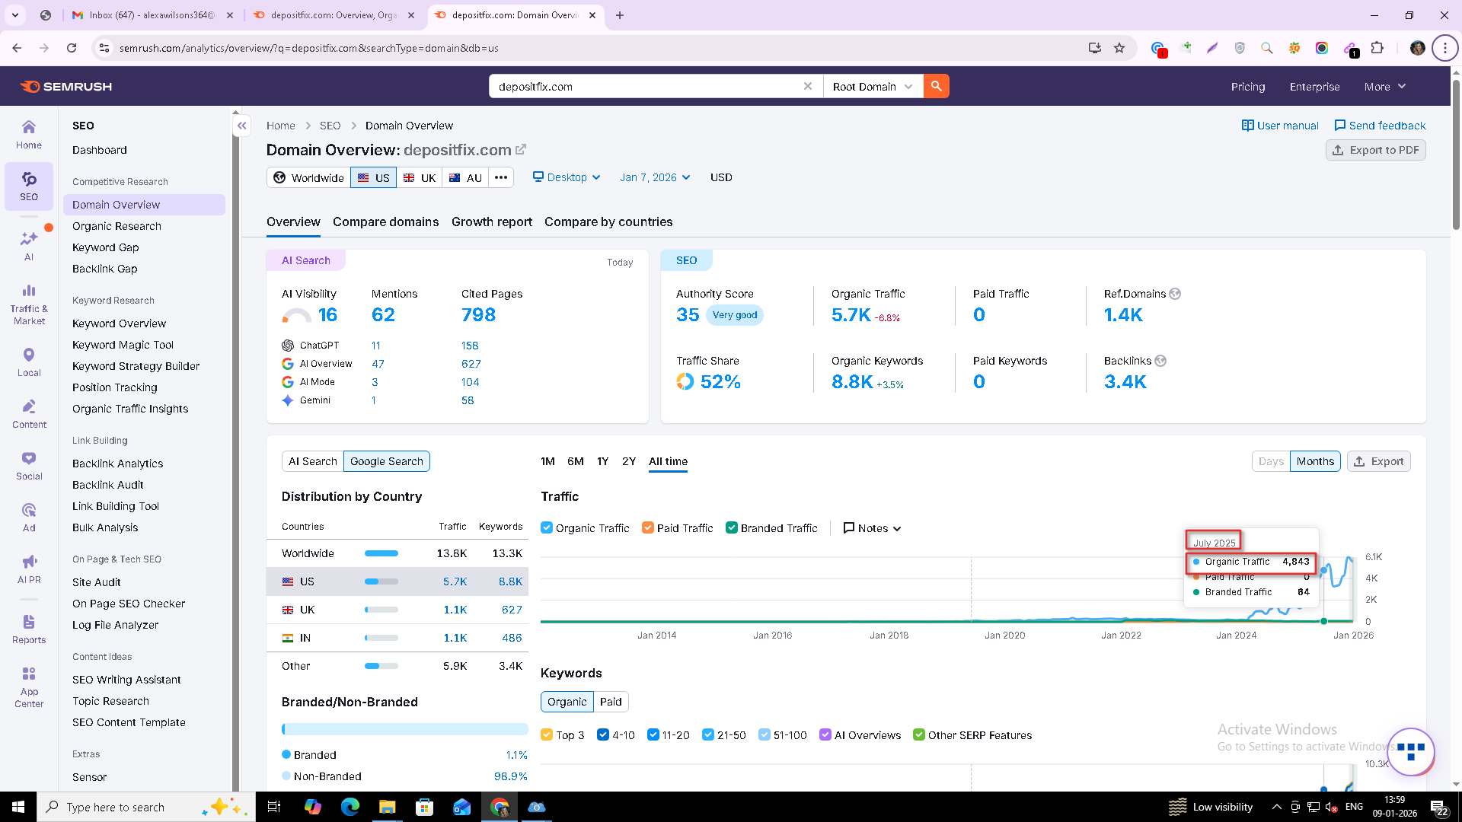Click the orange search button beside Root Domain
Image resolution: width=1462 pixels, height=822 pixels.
pos(936,86)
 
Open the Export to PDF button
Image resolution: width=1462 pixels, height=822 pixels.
pos(1375,150)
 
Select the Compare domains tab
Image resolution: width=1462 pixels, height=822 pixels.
pos(385,221)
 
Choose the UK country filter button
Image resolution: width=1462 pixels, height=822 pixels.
pos(420,177)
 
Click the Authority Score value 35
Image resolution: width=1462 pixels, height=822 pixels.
pos(688,315)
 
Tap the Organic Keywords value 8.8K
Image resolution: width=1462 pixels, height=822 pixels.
pos(852,382)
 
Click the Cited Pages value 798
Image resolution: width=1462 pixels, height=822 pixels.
pos(478,315)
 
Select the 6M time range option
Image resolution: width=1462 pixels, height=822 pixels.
pos(576,461)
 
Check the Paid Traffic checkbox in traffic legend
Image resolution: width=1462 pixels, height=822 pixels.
pos(648,528)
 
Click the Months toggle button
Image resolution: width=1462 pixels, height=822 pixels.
pos(1315,461)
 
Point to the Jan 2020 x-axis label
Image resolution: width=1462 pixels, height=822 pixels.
pos(1004,636)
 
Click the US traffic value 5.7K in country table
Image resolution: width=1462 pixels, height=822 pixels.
pos(455,581)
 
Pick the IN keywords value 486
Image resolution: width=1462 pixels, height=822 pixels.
pos(512,638)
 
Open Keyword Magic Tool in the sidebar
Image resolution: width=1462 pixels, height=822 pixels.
pos(123,345)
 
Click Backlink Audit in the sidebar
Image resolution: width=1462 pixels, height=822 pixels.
pos(107,485)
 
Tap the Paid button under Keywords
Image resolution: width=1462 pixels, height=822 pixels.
pos(611,702)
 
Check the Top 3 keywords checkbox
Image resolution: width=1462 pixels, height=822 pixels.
pos(547,735)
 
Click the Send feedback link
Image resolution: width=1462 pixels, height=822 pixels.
pos(1380,126)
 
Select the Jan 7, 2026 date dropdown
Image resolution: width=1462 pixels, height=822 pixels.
pos(655,177)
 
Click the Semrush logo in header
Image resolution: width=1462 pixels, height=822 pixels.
pos(66,87)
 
